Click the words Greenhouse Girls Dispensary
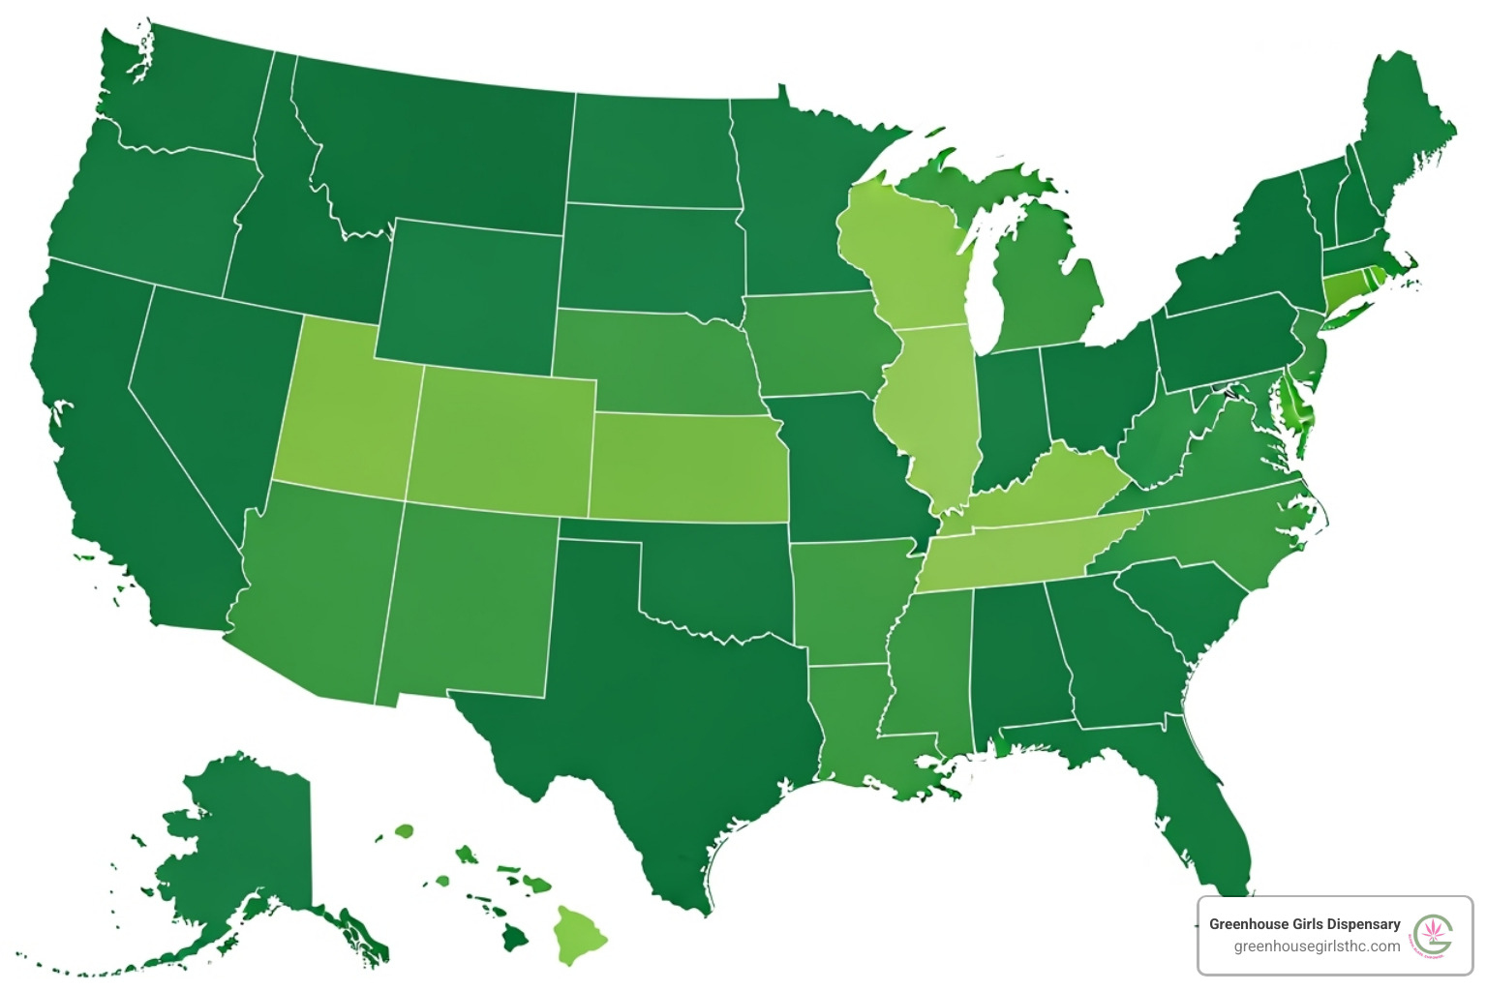[1304, 923]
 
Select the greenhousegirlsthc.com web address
[1316, 946]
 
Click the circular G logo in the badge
[1433, 935]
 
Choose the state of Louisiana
[852, 726]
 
